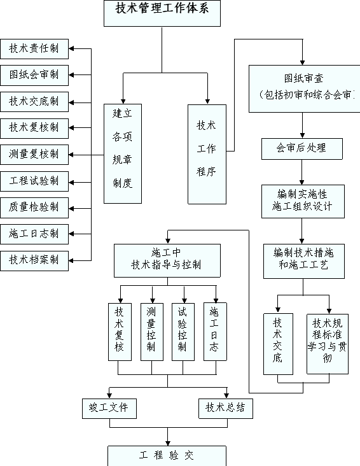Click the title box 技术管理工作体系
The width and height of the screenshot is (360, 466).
click(162, 13)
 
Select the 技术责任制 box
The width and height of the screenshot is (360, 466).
click(34, 49)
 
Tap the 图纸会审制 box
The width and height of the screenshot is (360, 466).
click(34, 76)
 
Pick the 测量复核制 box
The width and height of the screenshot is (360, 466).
click(34, 155)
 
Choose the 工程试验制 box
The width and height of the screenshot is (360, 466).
click(34, 181)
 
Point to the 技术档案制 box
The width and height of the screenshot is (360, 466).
click(34, 261)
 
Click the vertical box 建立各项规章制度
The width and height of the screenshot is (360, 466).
click(123, 153)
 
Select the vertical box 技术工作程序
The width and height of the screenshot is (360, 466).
click(207, 154)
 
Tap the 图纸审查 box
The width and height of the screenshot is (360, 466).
click(305, 89)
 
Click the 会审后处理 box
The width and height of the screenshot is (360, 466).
click(302, 149)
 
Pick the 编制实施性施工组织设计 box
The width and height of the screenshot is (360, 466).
click(303, 202)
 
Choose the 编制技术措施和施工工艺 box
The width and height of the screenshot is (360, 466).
click(304, 261)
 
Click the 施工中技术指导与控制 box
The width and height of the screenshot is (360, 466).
click(167, 260)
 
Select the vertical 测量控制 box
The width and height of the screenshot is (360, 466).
click(152, 332)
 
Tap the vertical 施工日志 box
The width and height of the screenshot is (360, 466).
click(215, 332)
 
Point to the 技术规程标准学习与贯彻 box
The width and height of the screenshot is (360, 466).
click(328, 344)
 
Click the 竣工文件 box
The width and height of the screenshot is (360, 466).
click(109, 409)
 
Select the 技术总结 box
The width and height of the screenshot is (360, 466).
click(226, 409)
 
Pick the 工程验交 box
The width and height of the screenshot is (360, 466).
click(167, 456)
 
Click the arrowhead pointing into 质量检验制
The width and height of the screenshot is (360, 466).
click(71, 209)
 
